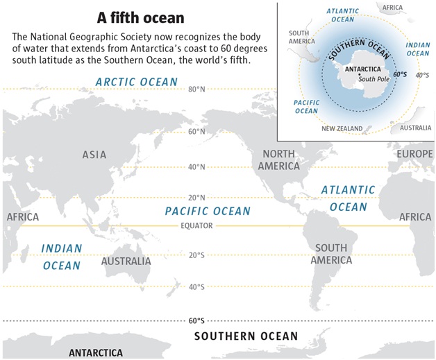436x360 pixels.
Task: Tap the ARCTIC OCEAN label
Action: click(137, 83)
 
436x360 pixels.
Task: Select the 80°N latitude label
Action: click(196, 89)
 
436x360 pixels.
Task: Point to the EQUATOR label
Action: click(196, 226)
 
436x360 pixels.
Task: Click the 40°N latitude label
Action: click(196, 167)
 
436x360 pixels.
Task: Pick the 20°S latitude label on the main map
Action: click(196, 255)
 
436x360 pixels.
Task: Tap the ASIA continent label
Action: click(94, 155)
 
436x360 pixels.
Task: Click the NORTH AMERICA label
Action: click(278, 160)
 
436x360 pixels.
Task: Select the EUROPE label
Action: click(414, 153)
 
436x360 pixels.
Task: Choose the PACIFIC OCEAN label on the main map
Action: click(208, 211)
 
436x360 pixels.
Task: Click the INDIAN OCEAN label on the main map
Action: click(62, 257)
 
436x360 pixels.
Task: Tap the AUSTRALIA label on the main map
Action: click(126, 262)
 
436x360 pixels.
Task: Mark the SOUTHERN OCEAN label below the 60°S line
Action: click(246, 336)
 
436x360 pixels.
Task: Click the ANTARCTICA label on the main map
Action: click(96, 353)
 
